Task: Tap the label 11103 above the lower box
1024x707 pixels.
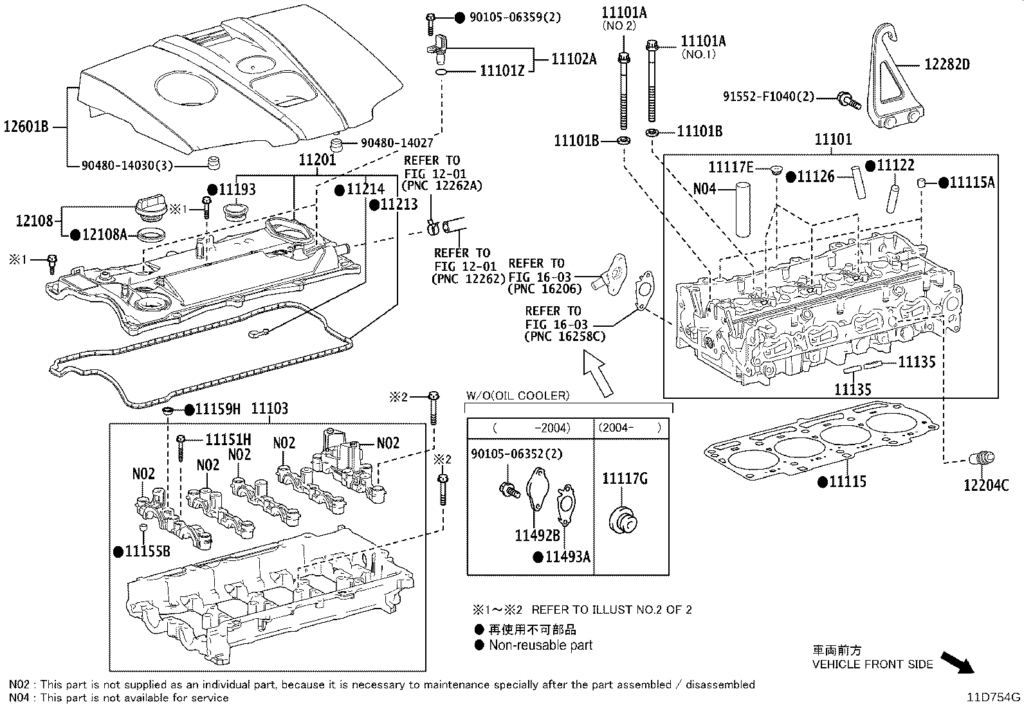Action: (x=269, y=409)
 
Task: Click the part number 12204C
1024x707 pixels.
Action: (x=985, y=485)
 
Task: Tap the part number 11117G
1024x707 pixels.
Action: (x=625, y=479)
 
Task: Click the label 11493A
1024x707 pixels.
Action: (x=567, y=557)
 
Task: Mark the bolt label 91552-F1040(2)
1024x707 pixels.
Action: (x=768, y=97)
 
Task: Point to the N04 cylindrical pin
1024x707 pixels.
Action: (x=743, y=210)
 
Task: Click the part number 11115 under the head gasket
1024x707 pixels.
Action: (x=848, y=482)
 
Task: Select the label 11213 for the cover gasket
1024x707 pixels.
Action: (x=399, y=205)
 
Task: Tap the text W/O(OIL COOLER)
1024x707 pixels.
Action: (x=518, y=396)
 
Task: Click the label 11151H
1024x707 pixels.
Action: (x=228, y=440)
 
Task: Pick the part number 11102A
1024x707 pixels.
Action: (x=574, y=59)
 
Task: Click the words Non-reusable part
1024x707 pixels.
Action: (x=540, y=645)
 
